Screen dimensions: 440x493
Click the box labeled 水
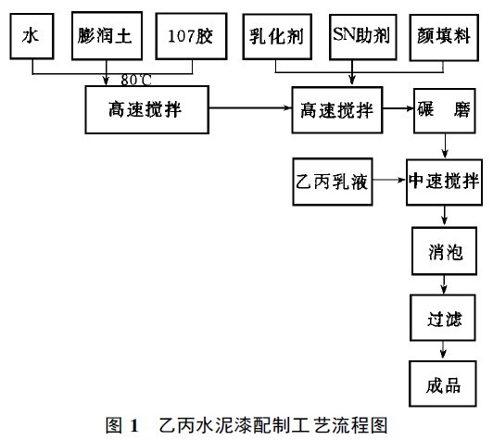tap(31, 36)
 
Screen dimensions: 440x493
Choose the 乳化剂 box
tap(277, 37)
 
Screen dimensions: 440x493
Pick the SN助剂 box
tap(359, 36)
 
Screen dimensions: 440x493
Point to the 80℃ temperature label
tap(136, 78)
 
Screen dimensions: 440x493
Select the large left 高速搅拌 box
tap(145, 108)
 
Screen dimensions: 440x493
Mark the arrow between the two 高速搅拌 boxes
tap(248, 109)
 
